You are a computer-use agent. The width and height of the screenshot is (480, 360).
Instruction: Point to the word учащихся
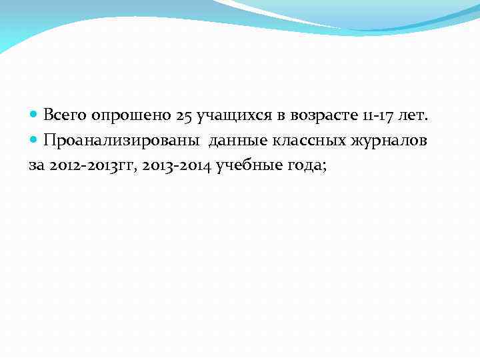[x=223, y=116]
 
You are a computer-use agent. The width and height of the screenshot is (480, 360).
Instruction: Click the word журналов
[x=392, y=141]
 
